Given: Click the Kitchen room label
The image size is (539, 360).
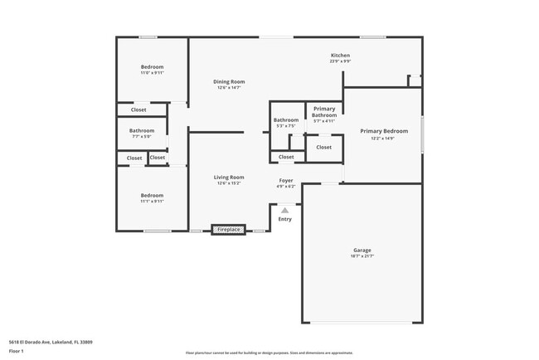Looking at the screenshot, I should tap(340, 55).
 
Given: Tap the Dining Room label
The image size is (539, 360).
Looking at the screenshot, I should tap(229, 81).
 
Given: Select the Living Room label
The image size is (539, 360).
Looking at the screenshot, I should tap(229, 177).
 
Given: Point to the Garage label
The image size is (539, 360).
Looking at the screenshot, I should tap(362, 250).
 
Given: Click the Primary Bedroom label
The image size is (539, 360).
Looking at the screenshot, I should tap(383, 131).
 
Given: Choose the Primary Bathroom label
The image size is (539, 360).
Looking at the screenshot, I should tap(324, 112).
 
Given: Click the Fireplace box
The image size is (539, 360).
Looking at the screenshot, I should tap(229, 229).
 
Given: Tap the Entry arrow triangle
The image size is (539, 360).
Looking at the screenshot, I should tap(284, 211).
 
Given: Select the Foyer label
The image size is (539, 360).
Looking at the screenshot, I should tap(285, 180).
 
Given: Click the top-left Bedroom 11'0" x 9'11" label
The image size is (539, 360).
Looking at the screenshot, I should tap(152, 66).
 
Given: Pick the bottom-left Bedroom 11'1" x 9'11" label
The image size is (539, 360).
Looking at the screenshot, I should tap(152, 195).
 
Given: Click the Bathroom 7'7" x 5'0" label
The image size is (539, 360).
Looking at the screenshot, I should tap(141, 130).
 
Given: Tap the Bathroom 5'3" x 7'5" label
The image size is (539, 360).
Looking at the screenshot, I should tap(286, 119).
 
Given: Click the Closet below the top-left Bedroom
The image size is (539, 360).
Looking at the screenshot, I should tap(138, 109).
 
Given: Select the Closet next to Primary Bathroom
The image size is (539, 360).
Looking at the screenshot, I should tap(324, 148).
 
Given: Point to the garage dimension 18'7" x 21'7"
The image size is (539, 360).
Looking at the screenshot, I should tap(362, 256).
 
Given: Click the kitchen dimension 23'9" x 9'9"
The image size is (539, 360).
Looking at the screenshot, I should tap(340, 61).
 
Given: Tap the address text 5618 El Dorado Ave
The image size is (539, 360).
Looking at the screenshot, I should tap(51, 341).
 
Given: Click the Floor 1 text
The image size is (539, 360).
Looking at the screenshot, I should tap(17, 352).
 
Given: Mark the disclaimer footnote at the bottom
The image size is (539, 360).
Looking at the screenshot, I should tap(269, 353).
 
